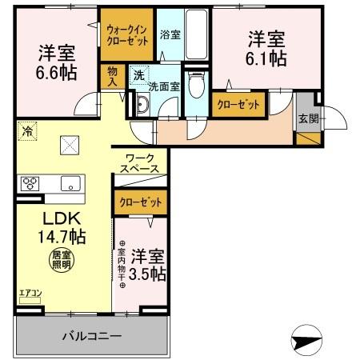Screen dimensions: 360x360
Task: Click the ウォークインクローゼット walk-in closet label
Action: click(126, 34)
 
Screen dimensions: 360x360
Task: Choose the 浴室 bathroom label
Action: click(170, 36)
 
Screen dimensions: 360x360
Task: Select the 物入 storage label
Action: click(113, 77)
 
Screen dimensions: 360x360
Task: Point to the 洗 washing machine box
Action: click(139, 77)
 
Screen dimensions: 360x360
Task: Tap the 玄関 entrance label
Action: click(307, 118)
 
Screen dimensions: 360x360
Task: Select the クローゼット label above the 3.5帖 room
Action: click(139, 202)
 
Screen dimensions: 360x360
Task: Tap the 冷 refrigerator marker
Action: click(26, 127)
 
